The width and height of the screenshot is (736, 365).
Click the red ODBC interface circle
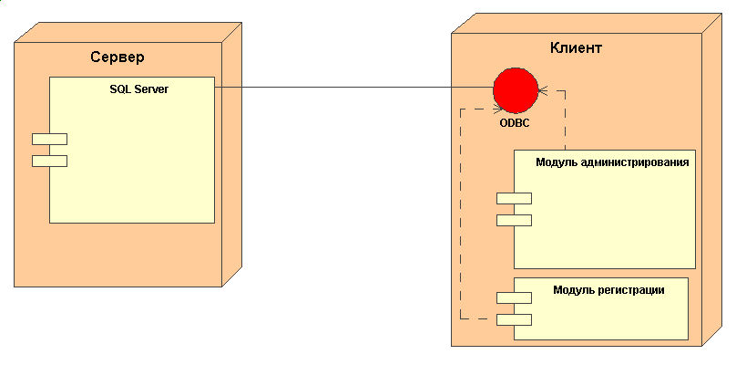516,90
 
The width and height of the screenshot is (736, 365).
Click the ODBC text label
515,121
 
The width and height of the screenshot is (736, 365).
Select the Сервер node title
118,57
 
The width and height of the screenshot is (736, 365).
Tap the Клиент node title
577,47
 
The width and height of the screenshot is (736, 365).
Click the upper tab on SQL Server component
49,139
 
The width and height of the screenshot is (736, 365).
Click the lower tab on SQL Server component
49,162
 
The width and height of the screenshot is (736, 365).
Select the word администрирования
634,162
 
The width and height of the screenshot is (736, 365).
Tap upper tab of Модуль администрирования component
514,198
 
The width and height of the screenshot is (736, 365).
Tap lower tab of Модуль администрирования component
514,219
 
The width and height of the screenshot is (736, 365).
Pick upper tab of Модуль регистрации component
514,297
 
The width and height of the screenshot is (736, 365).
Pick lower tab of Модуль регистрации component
514,319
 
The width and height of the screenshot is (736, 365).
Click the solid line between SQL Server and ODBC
355,88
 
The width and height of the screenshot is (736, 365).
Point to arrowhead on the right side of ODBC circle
542,90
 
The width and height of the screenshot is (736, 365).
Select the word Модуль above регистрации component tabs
573,290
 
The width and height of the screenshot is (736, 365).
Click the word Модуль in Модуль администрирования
556,162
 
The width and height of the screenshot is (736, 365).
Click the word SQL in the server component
119,89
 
